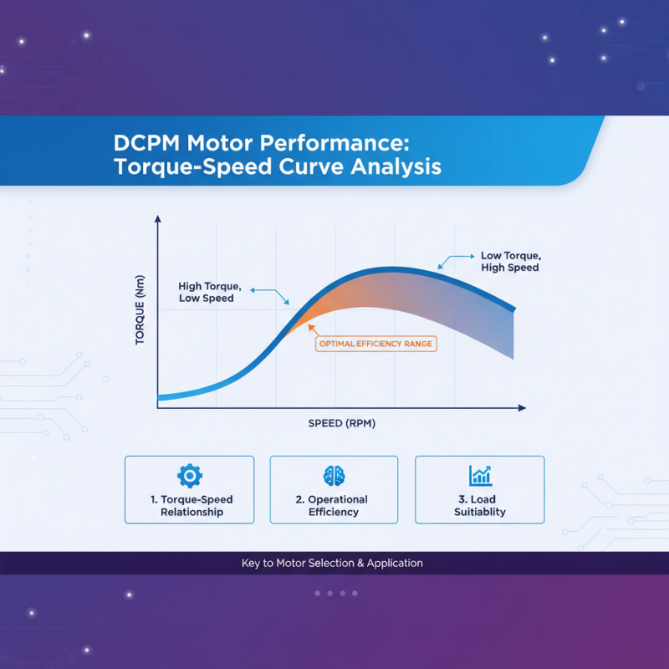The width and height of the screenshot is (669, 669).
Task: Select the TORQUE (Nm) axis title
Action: click(140, 311)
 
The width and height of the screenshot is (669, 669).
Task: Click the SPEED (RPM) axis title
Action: click(342, 423)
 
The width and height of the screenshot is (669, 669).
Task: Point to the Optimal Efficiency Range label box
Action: click(377, 344)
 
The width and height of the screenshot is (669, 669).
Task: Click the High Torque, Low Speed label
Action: click(207, 292)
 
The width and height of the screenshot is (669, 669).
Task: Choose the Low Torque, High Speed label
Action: click(510, 261)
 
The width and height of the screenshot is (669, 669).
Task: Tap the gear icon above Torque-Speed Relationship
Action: click(190, 476)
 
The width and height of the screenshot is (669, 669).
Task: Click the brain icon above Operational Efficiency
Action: click(334, 476)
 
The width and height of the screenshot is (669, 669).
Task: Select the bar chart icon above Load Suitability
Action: click(479, 476)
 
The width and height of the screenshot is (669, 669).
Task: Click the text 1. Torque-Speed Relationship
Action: click(192, 506)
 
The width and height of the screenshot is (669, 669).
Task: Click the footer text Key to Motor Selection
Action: click(332, 564)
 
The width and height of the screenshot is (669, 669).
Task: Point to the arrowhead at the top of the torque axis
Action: click(157, 219)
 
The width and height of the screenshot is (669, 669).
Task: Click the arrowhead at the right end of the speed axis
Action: click(522, 408)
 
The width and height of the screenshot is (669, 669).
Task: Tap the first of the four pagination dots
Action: click(318, 593)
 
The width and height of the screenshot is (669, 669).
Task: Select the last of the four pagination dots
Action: click(355, 593)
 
